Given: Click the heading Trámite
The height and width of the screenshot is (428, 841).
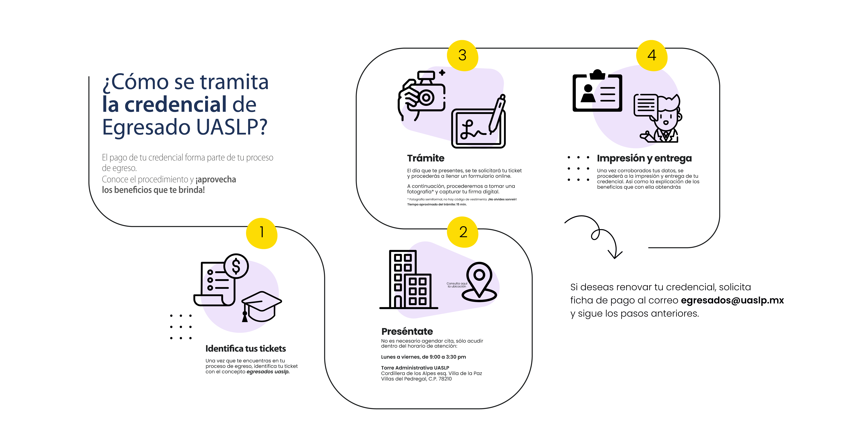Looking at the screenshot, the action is (x=426, y=158).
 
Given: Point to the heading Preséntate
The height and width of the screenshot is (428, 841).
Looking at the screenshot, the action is (x=407, y=331).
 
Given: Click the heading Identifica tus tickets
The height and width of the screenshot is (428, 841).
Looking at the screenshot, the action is (x=246, y=349).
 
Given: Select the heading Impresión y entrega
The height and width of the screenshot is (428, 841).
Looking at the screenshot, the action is (x=644, y=158).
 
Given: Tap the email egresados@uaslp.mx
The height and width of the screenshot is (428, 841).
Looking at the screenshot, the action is (x=732, y=300).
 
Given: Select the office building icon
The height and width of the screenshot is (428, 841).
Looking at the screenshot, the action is (x=409, y=280).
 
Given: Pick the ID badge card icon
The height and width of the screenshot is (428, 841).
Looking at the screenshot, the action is (x=597, y=90).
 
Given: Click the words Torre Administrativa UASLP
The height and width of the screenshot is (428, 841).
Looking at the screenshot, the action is (x=415, y=368).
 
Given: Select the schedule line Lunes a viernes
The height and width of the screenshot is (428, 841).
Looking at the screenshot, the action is (x=423, y=357).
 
